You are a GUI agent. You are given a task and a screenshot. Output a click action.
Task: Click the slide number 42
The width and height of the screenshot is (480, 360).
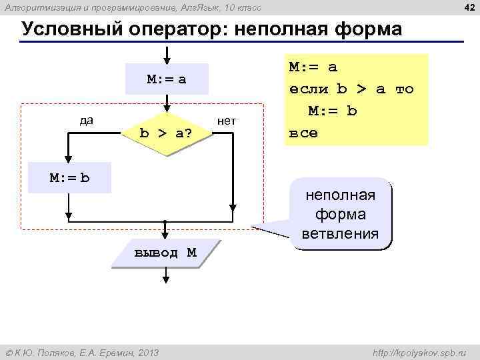(x=468, y=7)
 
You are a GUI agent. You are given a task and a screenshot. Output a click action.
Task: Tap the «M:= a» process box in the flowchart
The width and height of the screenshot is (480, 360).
(x=166, y=79)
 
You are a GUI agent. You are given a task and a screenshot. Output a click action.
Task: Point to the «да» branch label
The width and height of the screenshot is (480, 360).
(x=86, y=121)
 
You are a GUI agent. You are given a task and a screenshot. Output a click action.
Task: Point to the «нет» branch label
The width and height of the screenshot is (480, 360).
(x=227, y=121)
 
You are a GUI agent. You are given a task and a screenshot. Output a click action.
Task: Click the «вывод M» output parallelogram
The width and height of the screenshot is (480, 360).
(x=165, y=253)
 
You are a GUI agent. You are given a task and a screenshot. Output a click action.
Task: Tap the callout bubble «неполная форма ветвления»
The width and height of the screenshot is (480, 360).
(x=340, y=215)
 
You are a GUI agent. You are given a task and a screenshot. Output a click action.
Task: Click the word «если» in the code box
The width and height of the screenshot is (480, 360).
(x=309, y=89)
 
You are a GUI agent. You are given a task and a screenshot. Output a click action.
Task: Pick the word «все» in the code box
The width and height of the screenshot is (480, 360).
(x=303, y=132)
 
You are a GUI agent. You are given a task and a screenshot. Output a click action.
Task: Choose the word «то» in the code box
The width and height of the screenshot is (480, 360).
(x=404, y=89)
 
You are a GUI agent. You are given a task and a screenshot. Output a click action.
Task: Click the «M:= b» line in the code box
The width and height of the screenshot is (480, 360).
(x=332, y=110)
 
